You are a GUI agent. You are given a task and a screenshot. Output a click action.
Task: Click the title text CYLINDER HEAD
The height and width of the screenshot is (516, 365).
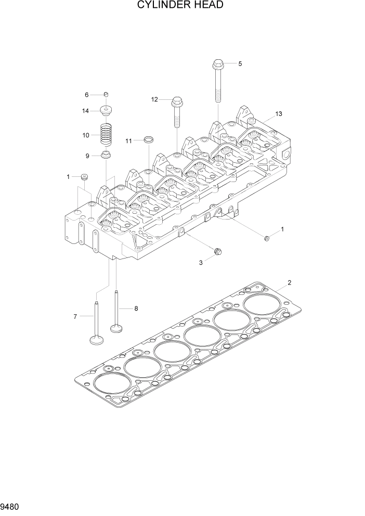click(x=180, y=6)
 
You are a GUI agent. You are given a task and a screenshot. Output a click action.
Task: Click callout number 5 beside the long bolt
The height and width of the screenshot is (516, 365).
click(x=240, y=63)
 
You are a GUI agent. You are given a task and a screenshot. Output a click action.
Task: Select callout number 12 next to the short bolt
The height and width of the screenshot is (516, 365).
click(x=154, y=99)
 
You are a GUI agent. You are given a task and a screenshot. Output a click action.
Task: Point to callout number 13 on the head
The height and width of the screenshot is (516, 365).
click(x=279, y=114)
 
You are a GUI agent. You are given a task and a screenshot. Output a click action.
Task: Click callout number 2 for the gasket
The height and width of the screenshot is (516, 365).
click(x=290, y=283)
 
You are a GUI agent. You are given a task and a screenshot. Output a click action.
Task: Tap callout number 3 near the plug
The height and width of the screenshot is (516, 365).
click(x=201, y=263)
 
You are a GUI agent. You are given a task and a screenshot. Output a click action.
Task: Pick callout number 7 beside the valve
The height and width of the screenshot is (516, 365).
click(x=75, y=316)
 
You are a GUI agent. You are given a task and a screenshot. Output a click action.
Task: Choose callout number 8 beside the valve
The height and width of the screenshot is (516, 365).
click(x=136, y=308)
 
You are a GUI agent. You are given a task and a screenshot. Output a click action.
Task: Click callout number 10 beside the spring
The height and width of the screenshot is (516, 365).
click(x=86, y=135)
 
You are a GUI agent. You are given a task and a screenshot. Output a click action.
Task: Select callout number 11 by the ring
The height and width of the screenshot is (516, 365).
click(x=128, y=140)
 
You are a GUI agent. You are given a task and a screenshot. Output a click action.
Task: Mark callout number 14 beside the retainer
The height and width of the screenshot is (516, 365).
click(x=86, y=110)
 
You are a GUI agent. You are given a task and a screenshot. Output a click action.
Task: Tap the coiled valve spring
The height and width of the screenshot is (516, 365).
click(x=107, y=134)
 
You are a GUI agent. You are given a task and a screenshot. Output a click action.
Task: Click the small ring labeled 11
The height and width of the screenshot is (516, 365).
click(x=149, y=139)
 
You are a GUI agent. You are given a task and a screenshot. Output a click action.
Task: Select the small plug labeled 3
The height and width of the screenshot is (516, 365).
click(x=217, y=252)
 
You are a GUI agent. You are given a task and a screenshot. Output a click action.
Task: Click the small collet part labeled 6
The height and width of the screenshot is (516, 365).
click(x=106, y=94)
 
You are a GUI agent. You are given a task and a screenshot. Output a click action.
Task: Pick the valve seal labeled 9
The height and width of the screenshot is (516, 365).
click(x=106, y=155)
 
